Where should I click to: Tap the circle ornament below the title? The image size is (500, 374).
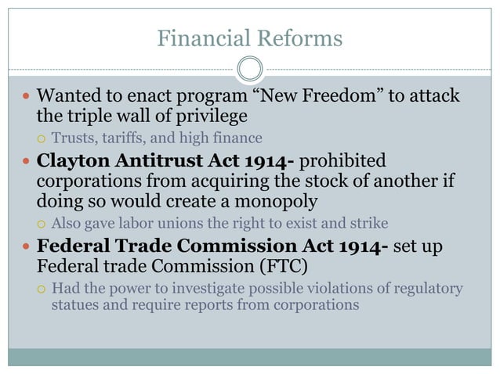click(x=250, y=70)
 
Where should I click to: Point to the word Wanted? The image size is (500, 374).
click(x=69, y=97)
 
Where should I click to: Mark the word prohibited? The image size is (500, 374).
click(x=343, y=161)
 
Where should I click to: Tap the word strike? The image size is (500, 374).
click(x=369, y=223)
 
